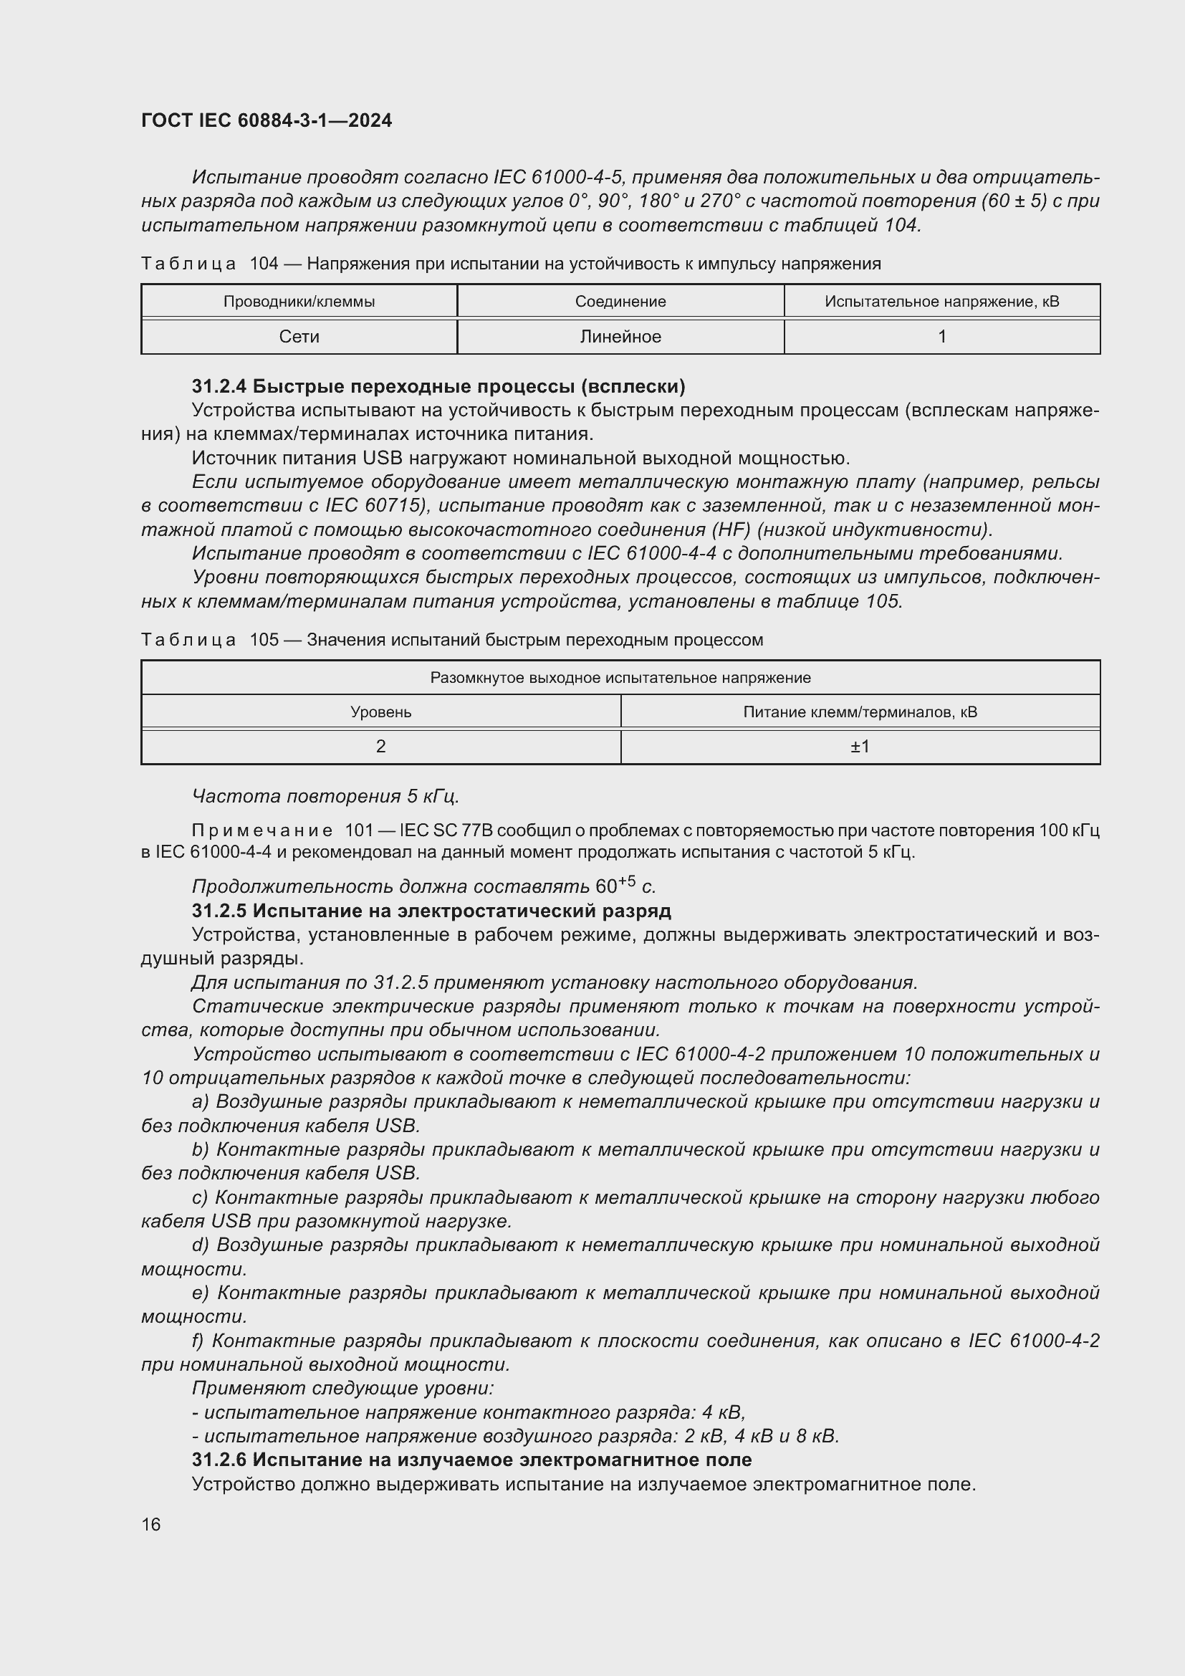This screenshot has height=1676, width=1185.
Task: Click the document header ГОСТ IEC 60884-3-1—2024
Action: click(267, 120)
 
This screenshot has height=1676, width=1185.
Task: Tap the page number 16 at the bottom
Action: click(151, 1524)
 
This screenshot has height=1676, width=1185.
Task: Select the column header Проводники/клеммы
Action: click(299, 302)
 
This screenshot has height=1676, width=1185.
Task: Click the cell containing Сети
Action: click(299, 337)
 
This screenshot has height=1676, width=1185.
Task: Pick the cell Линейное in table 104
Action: click(620, 337)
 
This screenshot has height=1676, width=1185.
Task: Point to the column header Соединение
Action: click(620, 302)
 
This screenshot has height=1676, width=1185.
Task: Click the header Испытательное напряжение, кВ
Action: click(941, 302)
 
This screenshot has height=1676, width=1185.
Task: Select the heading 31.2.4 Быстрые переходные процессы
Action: click(438, 386)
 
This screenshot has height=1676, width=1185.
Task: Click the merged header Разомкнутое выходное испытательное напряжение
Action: click(620, 677)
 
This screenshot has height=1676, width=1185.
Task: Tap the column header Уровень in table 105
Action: click(381, 712)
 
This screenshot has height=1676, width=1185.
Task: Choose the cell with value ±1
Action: click(860, 746)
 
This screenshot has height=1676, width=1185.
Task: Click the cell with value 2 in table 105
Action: click(381, 746)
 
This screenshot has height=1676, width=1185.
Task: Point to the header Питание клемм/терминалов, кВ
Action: click(860, 712)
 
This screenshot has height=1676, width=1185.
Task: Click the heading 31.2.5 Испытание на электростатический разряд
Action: click(431, 910)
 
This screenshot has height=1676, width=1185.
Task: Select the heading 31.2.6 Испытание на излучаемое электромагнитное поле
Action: click(471, 1459)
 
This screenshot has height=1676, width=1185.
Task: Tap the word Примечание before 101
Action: click(262, 830)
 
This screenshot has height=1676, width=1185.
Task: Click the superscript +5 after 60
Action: click(627, 881)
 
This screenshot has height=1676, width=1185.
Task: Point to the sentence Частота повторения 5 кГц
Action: click(325, 795)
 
